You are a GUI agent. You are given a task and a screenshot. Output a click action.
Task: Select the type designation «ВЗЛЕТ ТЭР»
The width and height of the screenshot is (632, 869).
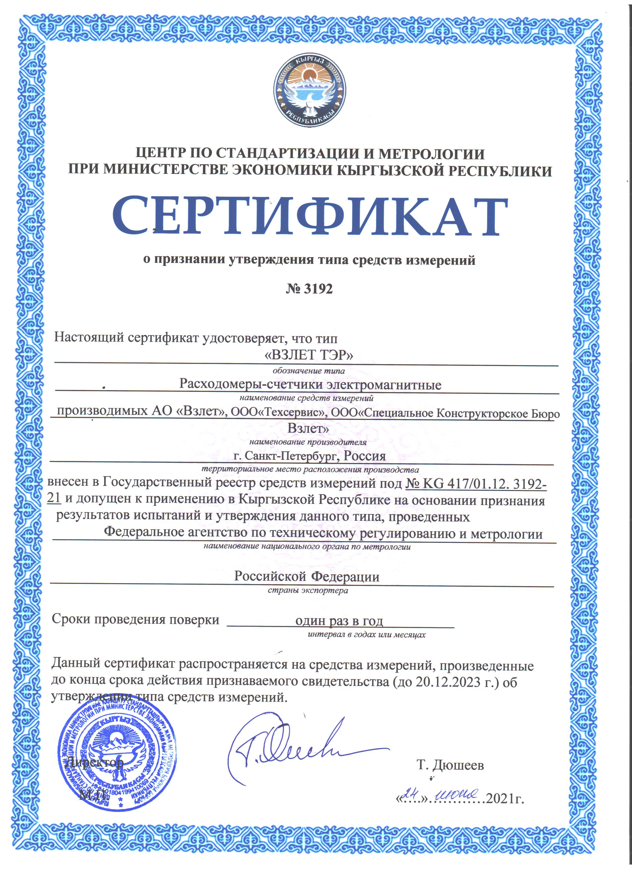pyautogui.click(x=309, y=355)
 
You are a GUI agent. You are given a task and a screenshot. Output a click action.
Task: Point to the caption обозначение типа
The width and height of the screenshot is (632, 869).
pyautogui.click(x=309, y=371)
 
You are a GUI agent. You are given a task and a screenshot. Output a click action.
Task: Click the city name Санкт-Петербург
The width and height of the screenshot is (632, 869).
pyautogui.click(x=291, y=456)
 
